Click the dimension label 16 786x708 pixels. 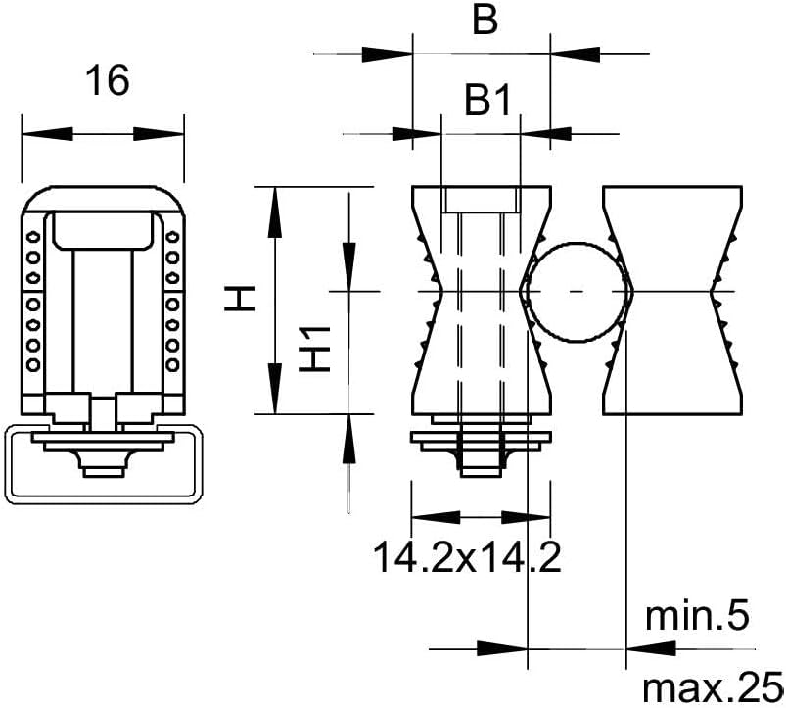click(x=108, y=80)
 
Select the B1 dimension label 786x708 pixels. click(x=487, y=100)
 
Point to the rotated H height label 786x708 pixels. click(x=240, y=299)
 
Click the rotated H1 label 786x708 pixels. click(x=315, y=349)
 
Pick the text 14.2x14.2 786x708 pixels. click(x=467, y=557)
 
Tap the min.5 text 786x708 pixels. click(x=697, y=616)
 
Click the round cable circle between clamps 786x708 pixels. click(x=577, y=292)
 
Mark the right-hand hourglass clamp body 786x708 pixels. click(x=671, y=301)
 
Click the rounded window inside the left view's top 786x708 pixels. click(x=103, y=231)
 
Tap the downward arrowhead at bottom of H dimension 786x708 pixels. click(x=274, y=389)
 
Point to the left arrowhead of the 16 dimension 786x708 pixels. click(x=48, y=134)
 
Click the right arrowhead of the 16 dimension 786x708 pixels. click(x=159, y=134)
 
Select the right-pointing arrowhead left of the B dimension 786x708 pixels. click(x=387, y=54)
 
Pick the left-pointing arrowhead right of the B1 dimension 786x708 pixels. click(x=546, y=134)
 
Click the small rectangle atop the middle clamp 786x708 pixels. click(x=481, y=200)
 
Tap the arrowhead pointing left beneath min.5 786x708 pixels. click(x=652, y=649)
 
